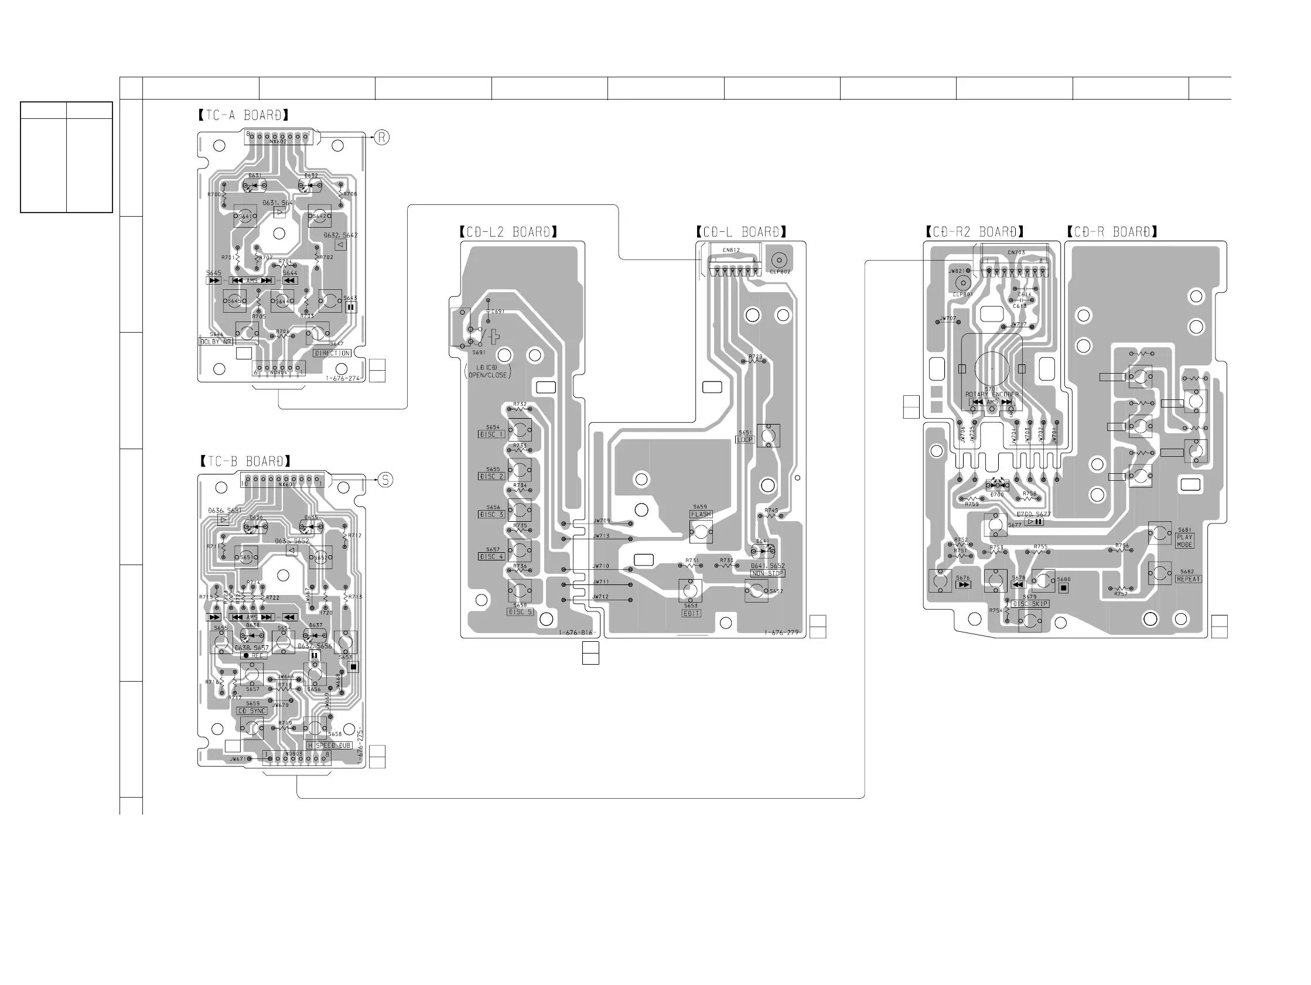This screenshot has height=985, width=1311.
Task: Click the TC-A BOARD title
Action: click(244, 115)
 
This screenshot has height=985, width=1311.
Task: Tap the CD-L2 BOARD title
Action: click(508, 232)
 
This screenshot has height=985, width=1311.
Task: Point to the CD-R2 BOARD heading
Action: click(975, 232)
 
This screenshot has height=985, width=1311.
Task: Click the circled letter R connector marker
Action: click(382, 138)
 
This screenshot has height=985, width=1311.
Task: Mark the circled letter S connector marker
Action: click(385, 480)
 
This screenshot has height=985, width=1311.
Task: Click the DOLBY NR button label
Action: click(215, 342)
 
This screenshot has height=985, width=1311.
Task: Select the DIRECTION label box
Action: click(332, 353)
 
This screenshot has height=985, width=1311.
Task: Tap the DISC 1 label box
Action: click(491, 435)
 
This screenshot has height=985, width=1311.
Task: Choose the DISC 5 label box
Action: click(520, 611)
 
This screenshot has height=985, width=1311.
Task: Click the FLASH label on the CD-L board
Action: click(701, 514)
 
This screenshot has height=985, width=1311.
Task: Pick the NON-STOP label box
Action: click(767, 574)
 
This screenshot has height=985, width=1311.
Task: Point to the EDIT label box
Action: click(692, 613)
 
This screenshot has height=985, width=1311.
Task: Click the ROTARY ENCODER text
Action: click(992, 395)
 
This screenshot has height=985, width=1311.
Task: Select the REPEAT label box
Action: click(1189, 579)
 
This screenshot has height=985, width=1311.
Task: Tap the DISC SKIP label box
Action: click(1030, 604)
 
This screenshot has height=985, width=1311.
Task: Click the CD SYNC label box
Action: click(252, 711)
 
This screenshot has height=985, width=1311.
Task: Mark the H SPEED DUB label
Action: click(329, 745)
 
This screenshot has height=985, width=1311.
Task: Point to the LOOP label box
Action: click(745, 440)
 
